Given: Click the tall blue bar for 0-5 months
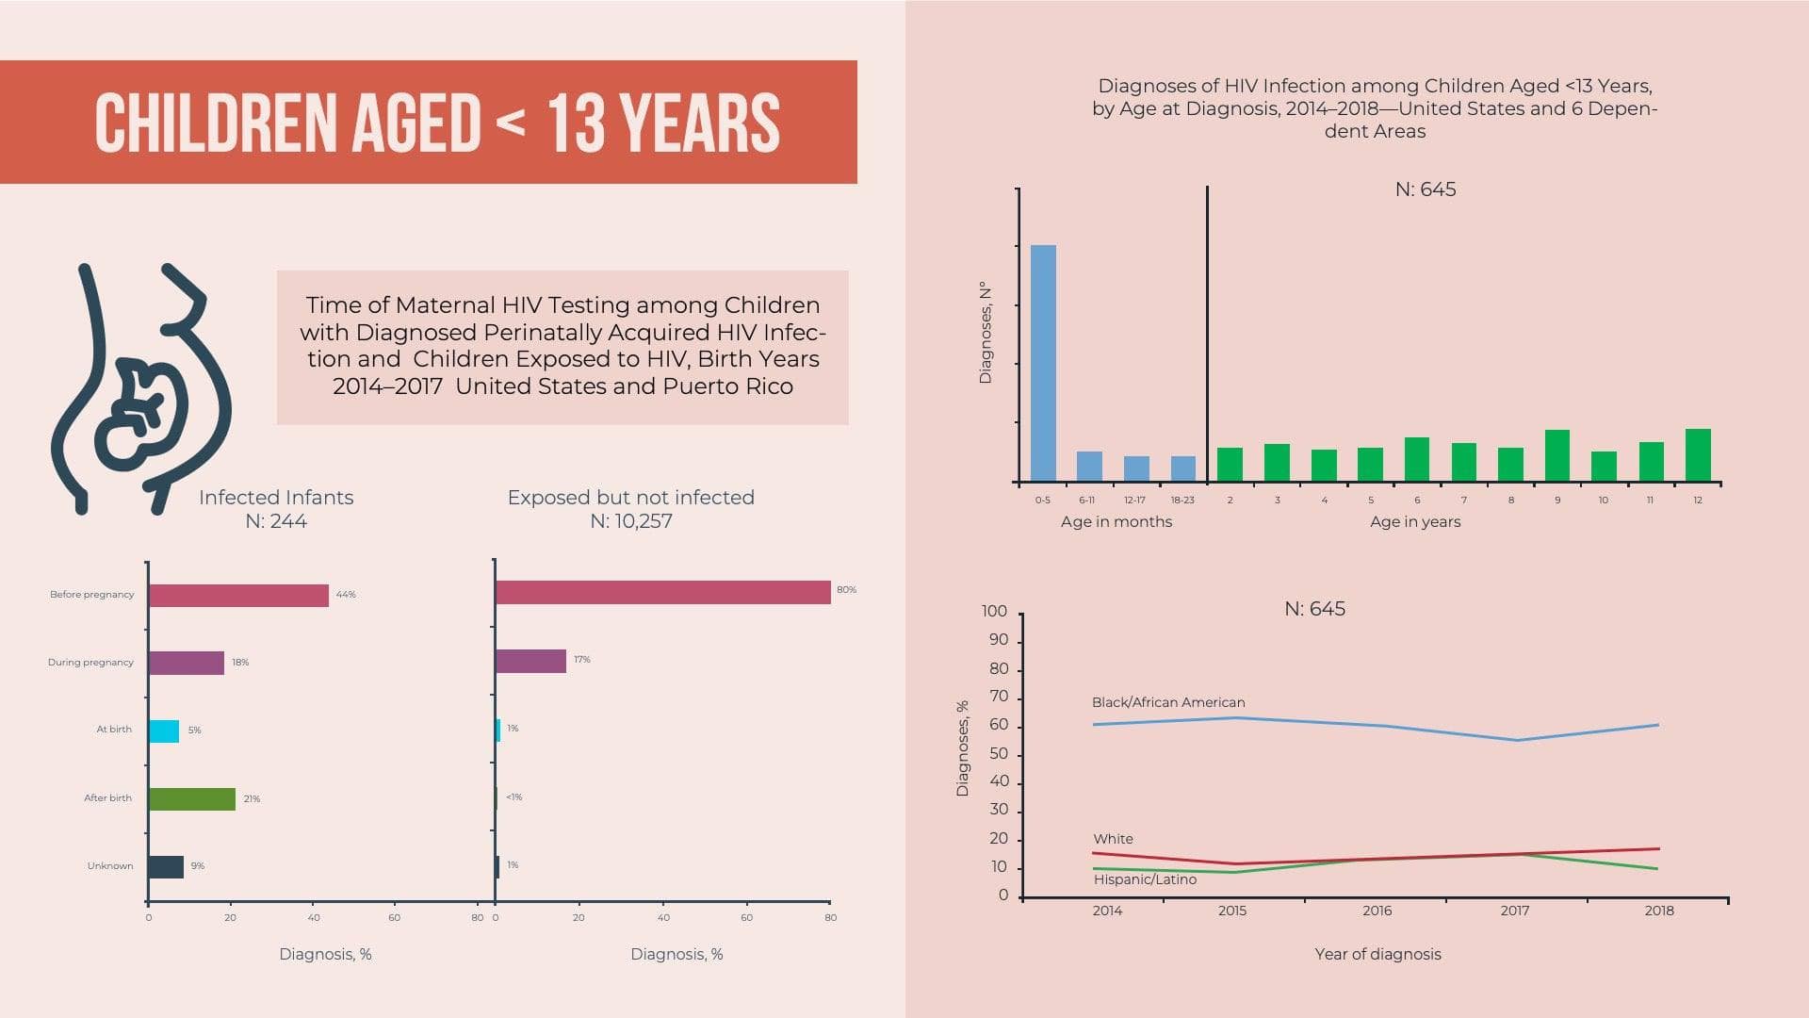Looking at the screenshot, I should (1043, 363).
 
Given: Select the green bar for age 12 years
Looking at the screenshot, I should (1698, 455).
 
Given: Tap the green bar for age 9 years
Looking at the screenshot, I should (1557, 455).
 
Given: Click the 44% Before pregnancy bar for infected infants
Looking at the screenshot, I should (238, 596).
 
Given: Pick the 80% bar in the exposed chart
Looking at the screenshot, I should (662, 592).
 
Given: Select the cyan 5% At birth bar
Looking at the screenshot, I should (164, 731).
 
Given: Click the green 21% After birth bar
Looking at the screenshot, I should (192, 799).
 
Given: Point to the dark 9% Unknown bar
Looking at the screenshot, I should (166, 867).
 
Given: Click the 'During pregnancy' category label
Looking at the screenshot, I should (90, 663).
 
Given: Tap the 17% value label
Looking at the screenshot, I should (582, 660).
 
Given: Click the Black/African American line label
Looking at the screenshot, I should (1168, 702).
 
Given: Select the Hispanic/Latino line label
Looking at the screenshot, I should (1145, 879).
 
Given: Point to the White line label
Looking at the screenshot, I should (1113, 839).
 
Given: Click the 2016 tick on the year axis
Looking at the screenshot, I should (1377, 911).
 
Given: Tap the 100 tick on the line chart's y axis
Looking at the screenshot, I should (994, 611).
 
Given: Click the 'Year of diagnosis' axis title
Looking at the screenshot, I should (1377, 954).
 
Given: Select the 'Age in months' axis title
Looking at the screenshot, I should (1116, 521).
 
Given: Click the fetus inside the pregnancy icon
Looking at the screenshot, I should (141, 410).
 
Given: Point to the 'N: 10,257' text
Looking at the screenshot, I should (631, 521).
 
